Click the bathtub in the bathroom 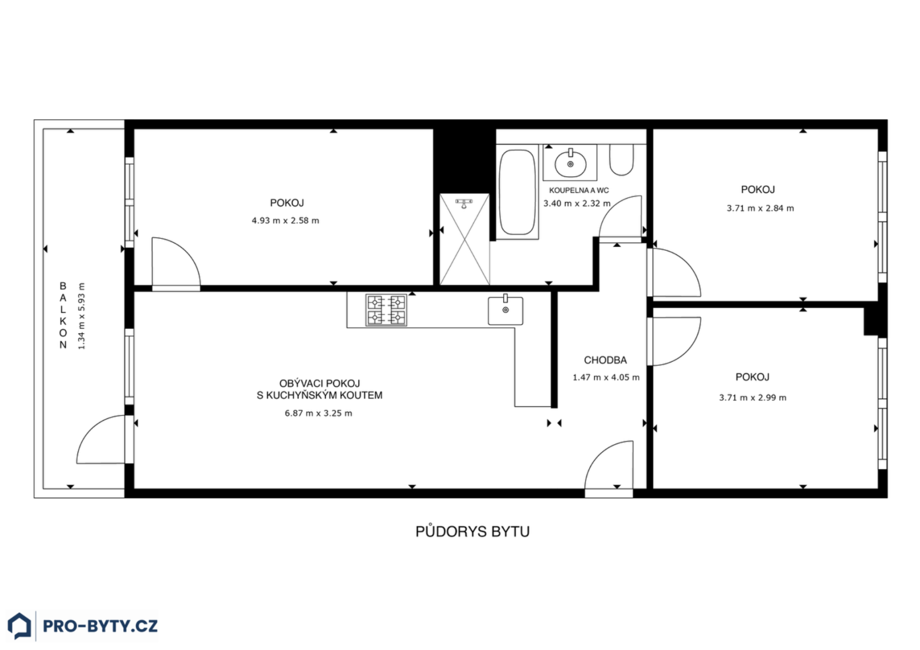coord(517,192)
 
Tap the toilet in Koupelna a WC coord(621,160)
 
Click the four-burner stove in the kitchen coord(386,310)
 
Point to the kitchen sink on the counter coord(506,310)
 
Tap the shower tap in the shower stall coord(464,203)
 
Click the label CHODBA coord(606,360)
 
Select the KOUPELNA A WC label coord(579,191)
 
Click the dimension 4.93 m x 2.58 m coord(286,221)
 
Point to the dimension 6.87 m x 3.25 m coord(319,413)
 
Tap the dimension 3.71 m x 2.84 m coord(760,209)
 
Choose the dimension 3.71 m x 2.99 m coord(752,398)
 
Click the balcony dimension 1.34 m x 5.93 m coord(81,316)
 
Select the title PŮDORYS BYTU coord(472,532)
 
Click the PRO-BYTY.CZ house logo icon coord(20,626)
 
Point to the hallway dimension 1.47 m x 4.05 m coord(606,378)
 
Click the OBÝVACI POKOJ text coord(319,383)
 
